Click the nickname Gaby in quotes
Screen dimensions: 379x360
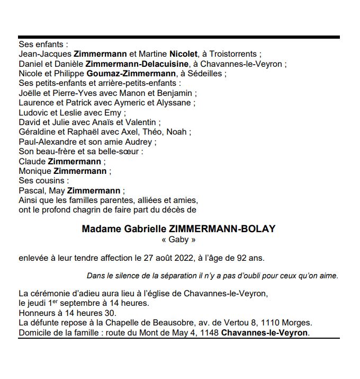(178, 240)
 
